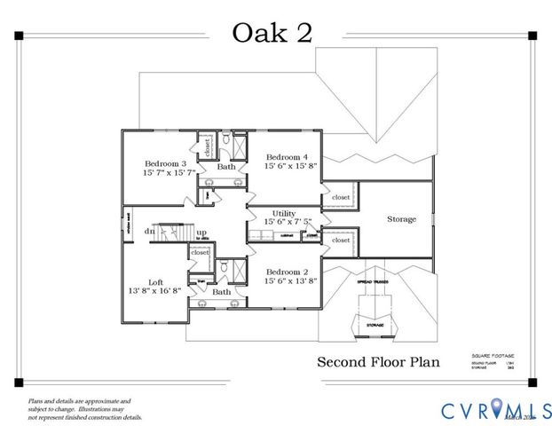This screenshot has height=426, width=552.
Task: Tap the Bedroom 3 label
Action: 166,163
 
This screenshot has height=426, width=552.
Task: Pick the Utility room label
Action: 284,214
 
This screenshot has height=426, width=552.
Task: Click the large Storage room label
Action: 400,219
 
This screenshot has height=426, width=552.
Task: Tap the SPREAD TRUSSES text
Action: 374,282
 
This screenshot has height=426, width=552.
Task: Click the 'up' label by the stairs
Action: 201,233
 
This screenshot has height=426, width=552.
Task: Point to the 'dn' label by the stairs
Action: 150,233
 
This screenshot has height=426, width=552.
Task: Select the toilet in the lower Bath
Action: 224,266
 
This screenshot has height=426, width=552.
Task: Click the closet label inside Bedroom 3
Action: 207,146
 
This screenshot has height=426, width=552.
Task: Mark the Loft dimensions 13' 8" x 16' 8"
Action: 154,290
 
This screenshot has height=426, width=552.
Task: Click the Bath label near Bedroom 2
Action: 221,291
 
